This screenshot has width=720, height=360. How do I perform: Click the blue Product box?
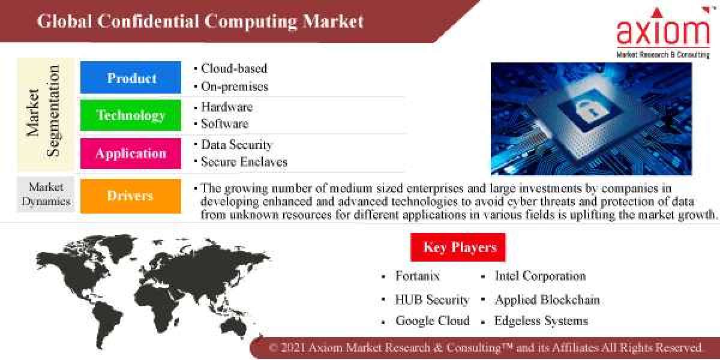coord(131,77)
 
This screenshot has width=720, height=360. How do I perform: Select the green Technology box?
coord(131,115)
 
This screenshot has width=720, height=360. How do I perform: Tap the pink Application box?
coord(131,153)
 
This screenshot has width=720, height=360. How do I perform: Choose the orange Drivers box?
coord(131,196)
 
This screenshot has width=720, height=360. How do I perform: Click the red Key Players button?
coord(458,247)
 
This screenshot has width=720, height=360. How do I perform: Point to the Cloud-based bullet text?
coord(234,68)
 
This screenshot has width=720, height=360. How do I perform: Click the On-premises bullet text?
coord(235,86)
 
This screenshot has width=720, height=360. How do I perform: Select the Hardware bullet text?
coord(227,107)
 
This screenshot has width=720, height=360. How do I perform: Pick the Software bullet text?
coord(224,124)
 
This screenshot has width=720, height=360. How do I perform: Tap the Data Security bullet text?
coord(236,145)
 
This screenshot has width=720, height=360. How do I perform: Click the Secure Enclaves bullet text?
coord(244,162)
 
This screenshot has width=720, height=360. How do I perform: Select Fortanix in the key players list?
coord(418,276)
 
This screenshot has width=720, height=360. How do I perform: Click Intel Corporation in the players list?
coord(540,276)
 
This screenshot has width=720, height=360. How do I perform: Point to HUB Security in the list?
coord(432,299)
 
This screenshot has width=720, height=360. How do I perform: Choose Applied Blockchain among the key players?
coord(547,299)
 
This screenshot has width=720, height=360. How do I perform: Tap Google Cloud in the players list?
coord(433,320)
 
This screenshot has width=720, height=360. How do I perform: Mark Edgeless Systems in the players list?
coord(541,320)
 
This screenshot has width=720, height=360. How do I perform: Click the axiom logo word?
coord(663,33)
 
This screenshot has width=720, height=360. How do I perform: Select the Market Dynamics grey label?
coord(46,194)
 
